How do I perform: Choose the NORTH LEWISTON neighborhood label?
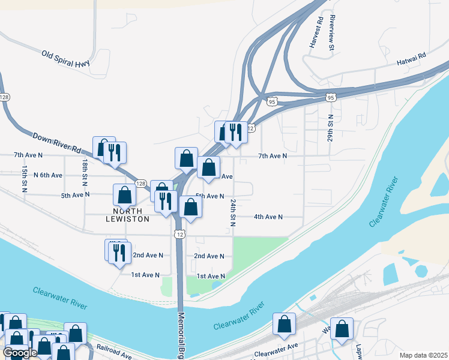128,215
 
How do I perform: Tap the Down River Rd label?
56,143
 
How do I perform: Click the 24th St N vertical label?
232,212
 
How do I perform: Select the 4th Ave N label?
268,217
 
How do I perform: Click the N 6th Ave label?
48,175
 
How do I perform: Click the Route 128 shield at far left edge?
5,97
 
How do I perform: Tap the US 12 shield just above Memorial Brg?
179,233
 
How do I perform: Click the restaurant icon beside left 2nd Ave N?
119,252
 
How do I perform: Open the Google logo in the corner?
20,353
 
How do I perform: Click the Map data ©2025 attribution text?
423,355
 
